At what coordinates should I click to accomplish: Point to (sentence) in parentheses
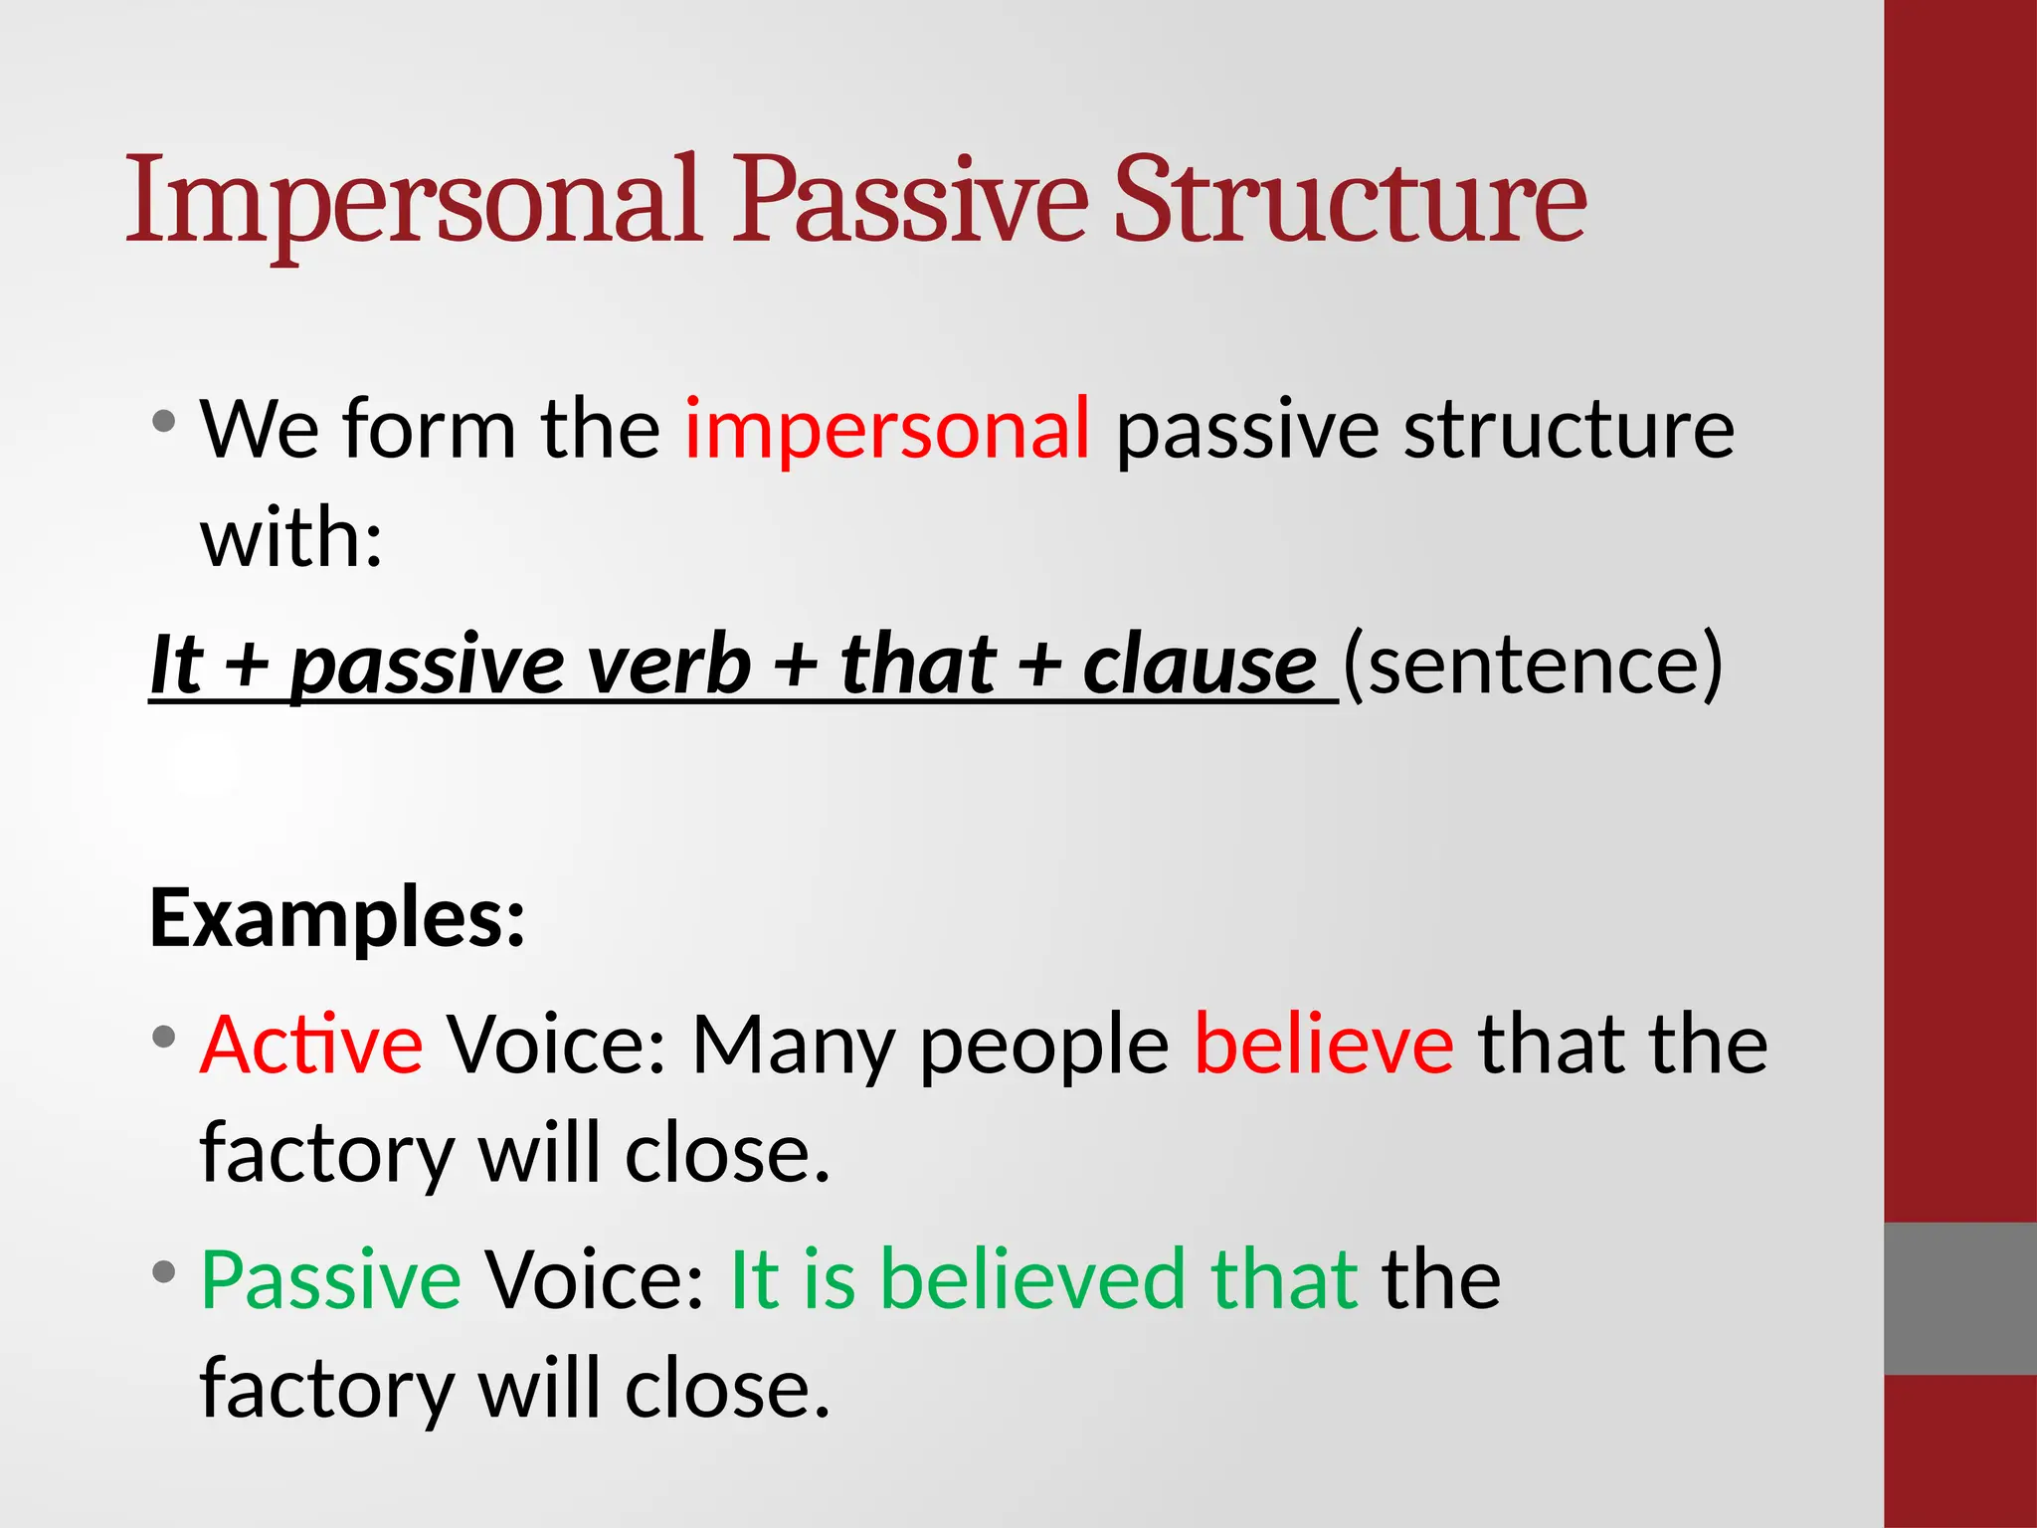(x=1533, y=665)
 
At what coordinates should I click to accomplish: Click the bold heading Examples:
(x=337, y=917)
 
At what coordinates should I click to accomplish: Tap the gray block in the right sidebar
(x=1959, y=1298)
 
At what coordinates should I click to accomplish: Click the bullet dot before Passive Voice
(x=164, y=1271)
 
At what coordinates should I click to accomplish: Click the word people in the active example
(x=1043, y=1047)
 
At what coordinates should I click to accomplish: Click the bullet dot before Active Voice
(x=164, y=1037)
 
